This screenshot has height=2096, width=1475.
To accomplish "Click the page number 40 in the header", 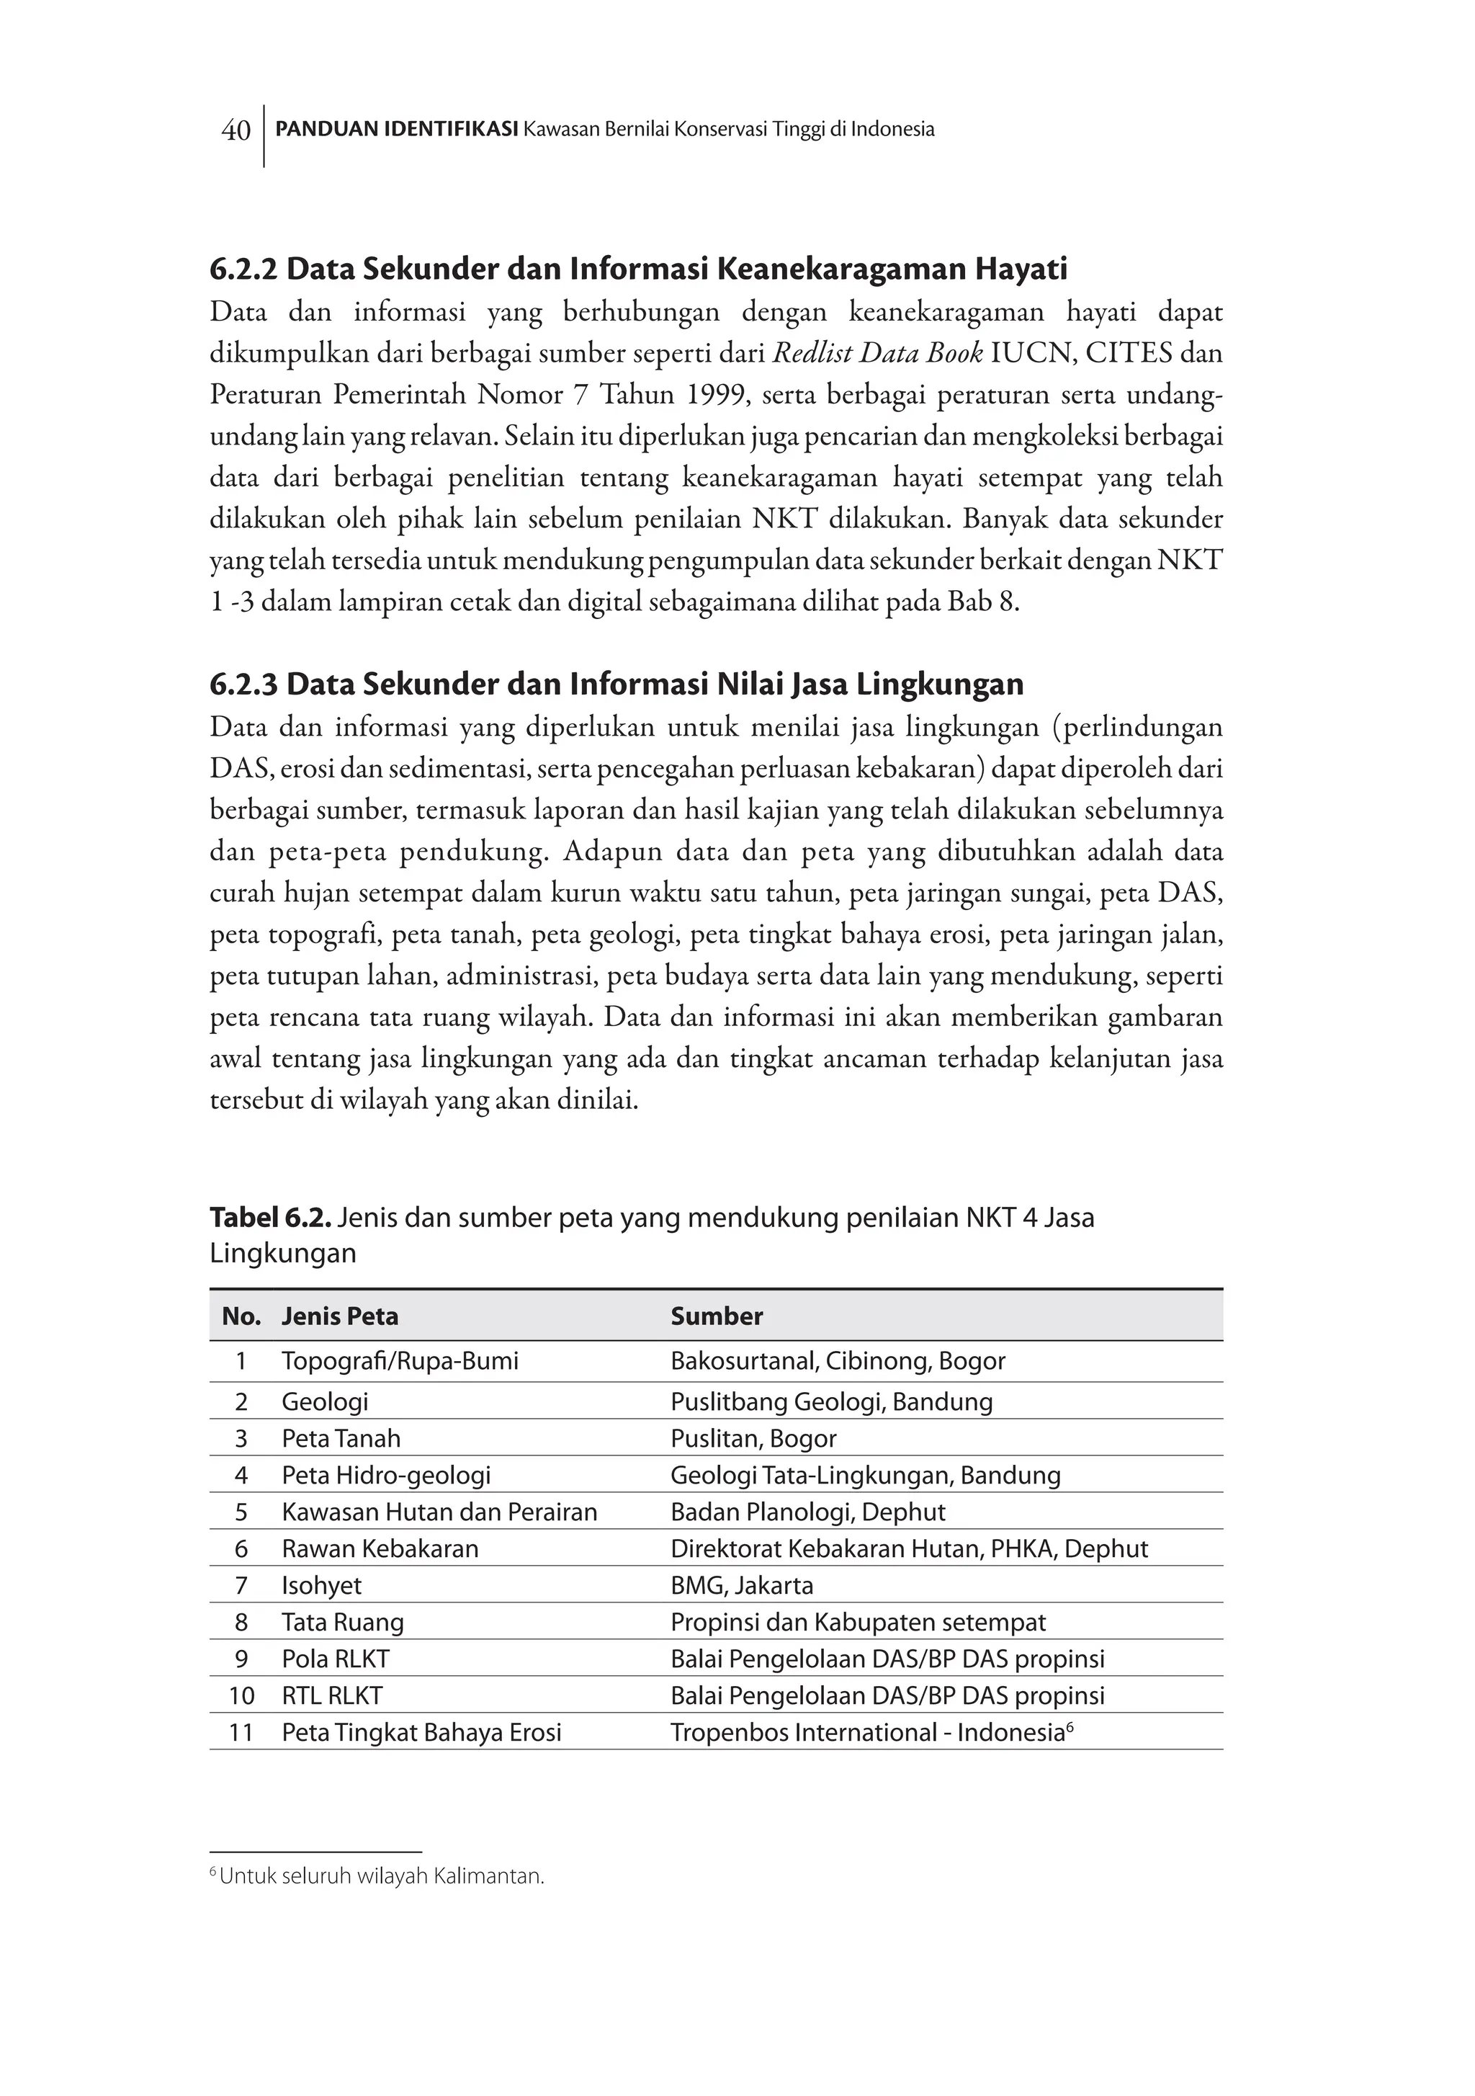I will [x=236, y=131].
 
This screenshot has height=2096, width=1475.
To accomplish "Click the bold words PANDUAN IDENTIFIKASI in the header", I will [x=396, y=130].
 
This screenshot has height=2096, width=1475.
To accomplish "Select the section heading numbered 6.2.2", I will [x=638, y=269].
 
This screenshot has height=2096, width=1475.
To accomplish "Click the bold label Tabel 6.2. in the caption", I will [x=271, y=1218].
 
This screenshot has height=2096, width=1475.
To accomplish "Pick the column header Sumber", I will [x=717, y=1316].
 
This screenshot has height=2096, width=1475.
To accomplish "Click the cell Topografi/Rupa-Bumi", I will [x=400, y=1361].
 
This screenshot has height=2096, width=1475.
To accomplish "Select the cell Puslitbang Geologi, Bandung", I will [x=830, y=1401].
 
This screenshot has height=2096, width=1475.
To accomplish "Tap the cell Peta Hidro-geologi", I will [x=386, y=1475].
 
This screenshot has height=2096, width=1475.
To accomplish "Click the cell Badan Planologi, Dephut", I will [x=808, y=1512].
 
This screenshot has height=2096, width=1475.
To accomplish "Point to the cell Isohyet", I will [x=321, y=1586].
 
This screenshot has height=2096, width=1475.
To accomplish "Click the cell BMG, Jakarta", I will [x=741, y=1586].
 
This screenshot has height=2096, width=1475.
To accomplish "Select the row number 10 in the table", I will [x=241, y=1696].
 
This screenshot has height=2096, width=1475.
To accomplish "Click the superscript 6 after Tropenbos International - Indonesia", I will [x=1070, y=1726].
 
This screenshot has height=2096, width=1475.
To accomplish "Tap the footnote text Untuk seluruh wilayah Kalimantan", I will [x=382, y=1877].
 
